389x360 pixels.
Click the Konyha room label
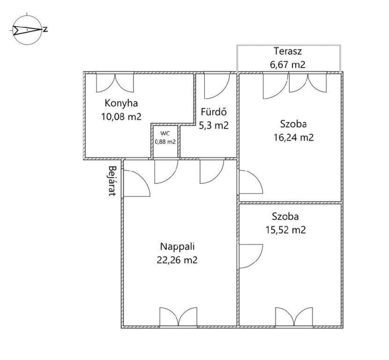[x=121, y=103]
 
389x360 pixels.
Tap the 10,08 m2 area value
[x=121, y=116]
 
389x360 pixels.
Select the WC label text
[x=165, y=133]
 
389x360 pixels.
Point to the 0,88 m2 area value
[x=165, y=142]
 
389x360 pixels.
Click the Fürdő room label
[x=213, y=112]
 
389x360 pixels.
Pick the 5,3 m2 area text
[x=213, y=125]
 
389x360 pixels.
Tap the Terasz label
[x=288, y=51]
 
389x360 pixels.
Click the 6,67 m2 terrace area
[x=288, y=65]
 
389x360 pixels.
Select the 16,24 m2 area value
[x=294, y=137]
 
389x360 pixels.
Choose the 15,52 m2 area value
[x=286, y=230]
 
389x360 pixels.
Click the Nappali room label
[x=177, y=247]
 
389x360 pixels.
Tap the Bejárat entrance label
[x=112, y=181]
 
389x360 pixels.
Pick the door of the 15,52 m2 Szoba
[x=251, y=256]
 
